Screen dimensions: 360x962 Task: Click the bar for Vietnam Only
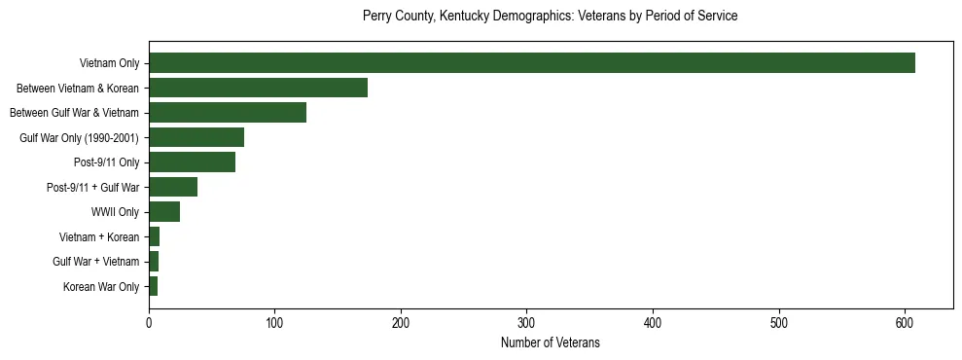pyautogui.click(x=531, y=63)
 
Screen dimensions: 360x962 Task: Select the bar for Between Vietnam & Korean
pyautogui.click(x=258, y=88)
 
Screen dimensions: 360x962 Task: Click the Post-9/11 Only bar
pyautogui.click(x=192, y=162)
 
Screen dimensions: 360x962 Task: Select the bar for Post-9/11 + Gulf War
pyautogui.click(x=173, y=187)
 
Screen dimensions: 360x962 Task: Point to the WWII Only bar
pyautogui.click(x=164, y=212)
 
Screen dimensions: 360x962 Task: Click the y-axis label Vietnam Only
pyautogui.click(x=109, y=64)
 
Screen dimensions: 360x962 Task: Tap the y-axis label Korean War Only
pyautogui.click(x=101, y=287)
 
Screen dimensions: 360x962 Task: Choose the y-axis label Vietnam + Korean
pyautogui.click(x=99, y=237)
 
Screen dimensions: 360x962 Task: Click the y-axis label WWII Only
pyautogui.click(x=115, y=212)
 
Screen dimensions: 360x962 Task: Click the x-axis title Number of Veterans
pyautogui.click(x=550, y=342)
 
